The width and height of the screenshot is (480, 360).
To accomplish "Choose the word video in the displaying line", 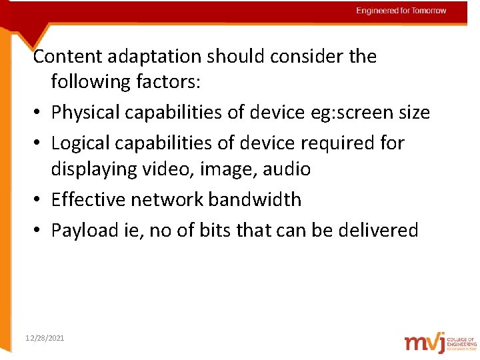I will point(167,169).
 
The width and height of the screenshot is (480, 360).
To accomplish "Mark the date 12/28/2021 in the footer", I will point(44,339).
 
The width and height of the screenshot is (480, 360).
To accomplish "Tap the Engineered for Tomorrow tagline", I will point(401,11).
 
